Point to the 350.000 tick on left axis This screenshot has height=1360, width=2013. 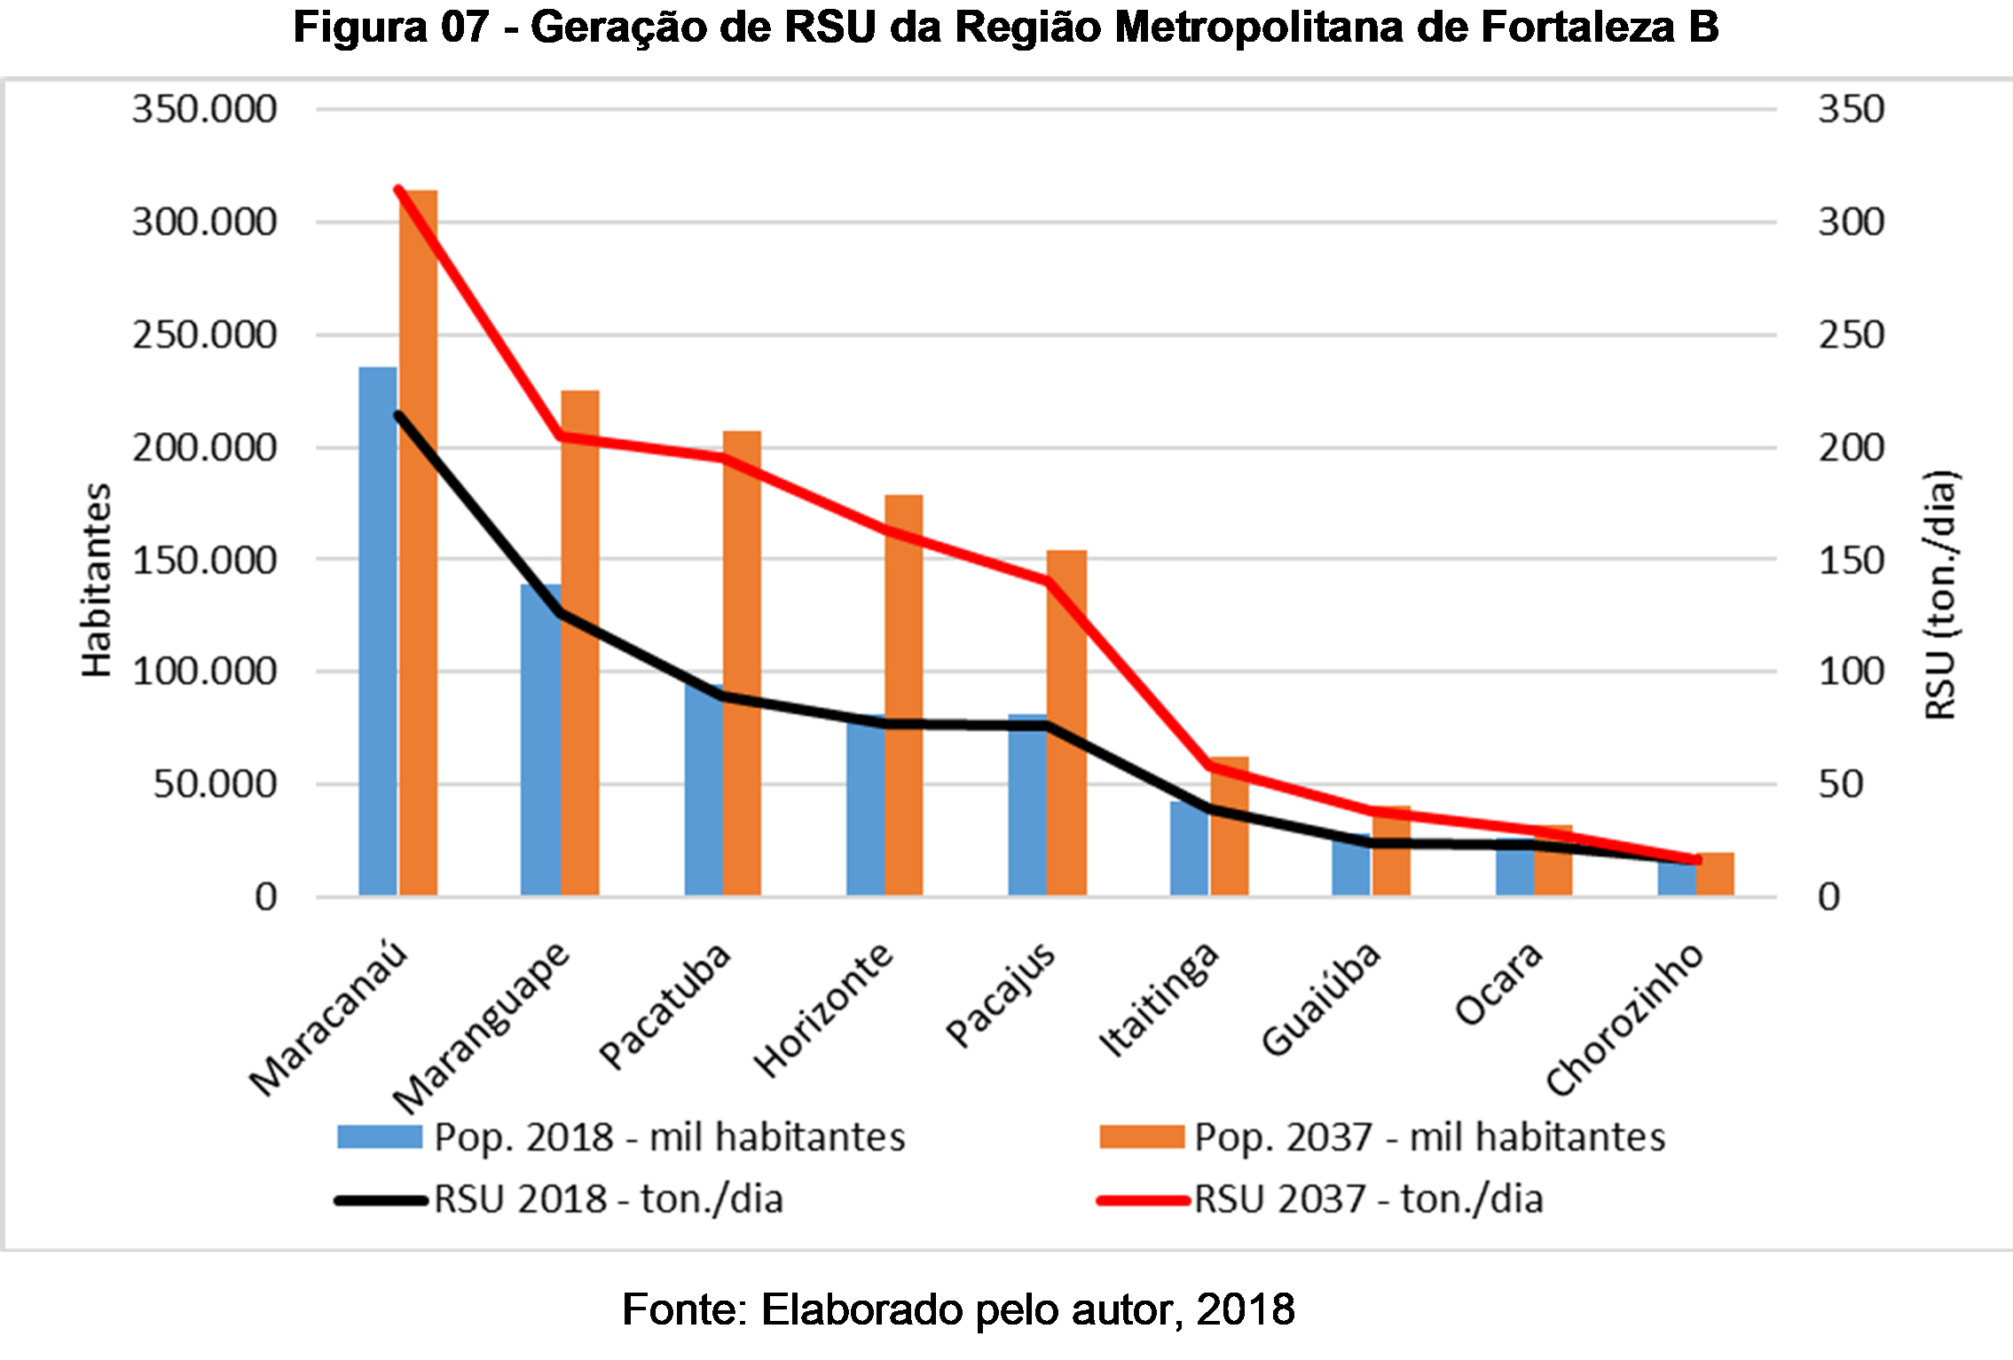tap(204, 109)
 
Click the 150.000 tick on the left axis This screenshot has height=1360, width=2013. tap(204, 560)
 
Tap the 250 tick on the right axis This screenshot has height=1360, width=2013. tap(1851, 335)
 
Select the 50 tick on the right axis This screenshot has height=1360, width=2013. tap(1840, 784)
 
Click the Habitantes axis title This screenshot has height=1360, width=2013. tap(96, 581)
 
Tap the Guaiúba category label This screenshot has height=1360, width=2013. tap(1322, 999)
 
